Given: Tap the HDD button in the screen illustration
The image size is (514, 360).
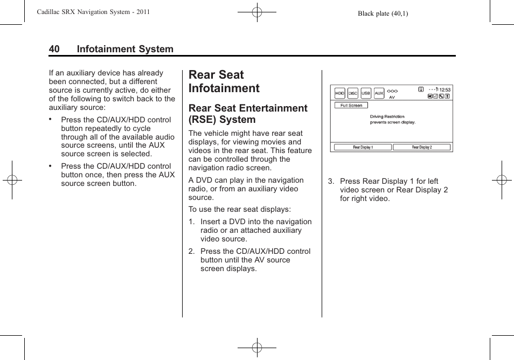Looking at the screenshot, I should (x=339, y=93).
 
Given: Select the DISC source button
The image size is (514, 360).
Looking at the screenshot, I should (x=353, y=93).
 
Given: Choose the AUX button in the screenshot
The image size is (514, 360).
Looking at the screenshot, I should (x=379, y=93).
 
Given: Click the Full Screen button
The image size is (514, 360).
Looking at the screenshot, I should (x=351, y=106).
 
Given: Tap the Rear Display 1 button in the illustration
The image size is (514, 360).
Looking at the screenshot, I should (x=363, y=147).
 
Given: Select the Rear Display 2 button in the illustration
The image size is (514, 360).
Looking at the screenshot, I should (x=422, y=147).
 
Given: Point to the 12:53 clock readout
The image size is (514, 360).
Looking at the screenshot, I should (x=444, y=90).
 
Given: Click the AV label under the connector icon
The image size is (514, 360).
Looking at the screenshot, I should (x=392, y=98).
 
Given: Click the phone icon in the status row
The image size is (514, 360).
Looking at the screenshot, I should (x=441, y=96).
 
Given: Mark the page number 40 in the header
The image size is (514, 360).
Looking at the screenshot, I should (x=54, y=49).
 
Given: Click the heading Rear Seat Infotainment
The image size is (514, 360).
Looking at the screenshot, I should (x=224, y=81).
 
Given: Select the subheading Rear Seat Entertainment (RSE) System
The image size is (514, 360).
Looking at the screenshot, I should (x=248, y=114).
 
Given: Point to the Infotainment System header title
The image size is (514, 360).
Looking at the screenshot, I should (x=125, y=49).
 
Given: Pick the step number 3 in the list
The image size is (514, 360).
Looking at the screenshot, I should (x=331, y=181).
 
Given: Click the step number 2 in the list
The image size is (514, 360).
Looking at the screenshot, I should (x=191, y=251).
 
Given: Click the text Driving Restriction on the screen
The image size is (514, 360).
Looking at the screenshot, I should (x=387, y=116).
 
